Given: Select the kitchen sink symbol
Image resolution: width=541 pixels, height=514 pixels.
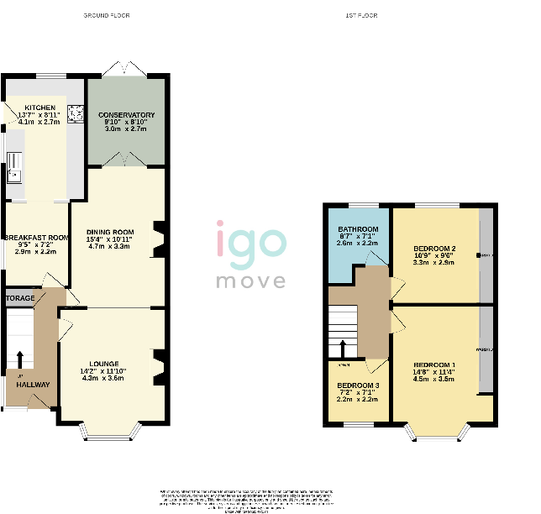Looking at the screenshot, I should [14, 175].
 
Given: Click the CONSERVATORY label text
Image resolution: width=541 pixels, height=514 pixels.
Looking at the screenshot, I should [126, 114].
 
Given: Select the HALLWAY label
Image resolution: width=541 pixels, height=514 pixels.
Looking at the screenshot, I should [33, 385].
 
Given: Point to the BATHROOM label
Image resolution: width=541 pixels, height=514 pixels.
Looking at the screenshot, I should [358, 229].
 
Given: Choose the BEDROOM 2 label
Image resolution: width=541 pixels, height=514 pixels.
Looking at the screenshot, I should [434, 249].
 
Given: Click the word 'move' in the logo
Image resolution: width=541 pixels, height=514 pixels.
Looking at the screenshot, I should [251, 280].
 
